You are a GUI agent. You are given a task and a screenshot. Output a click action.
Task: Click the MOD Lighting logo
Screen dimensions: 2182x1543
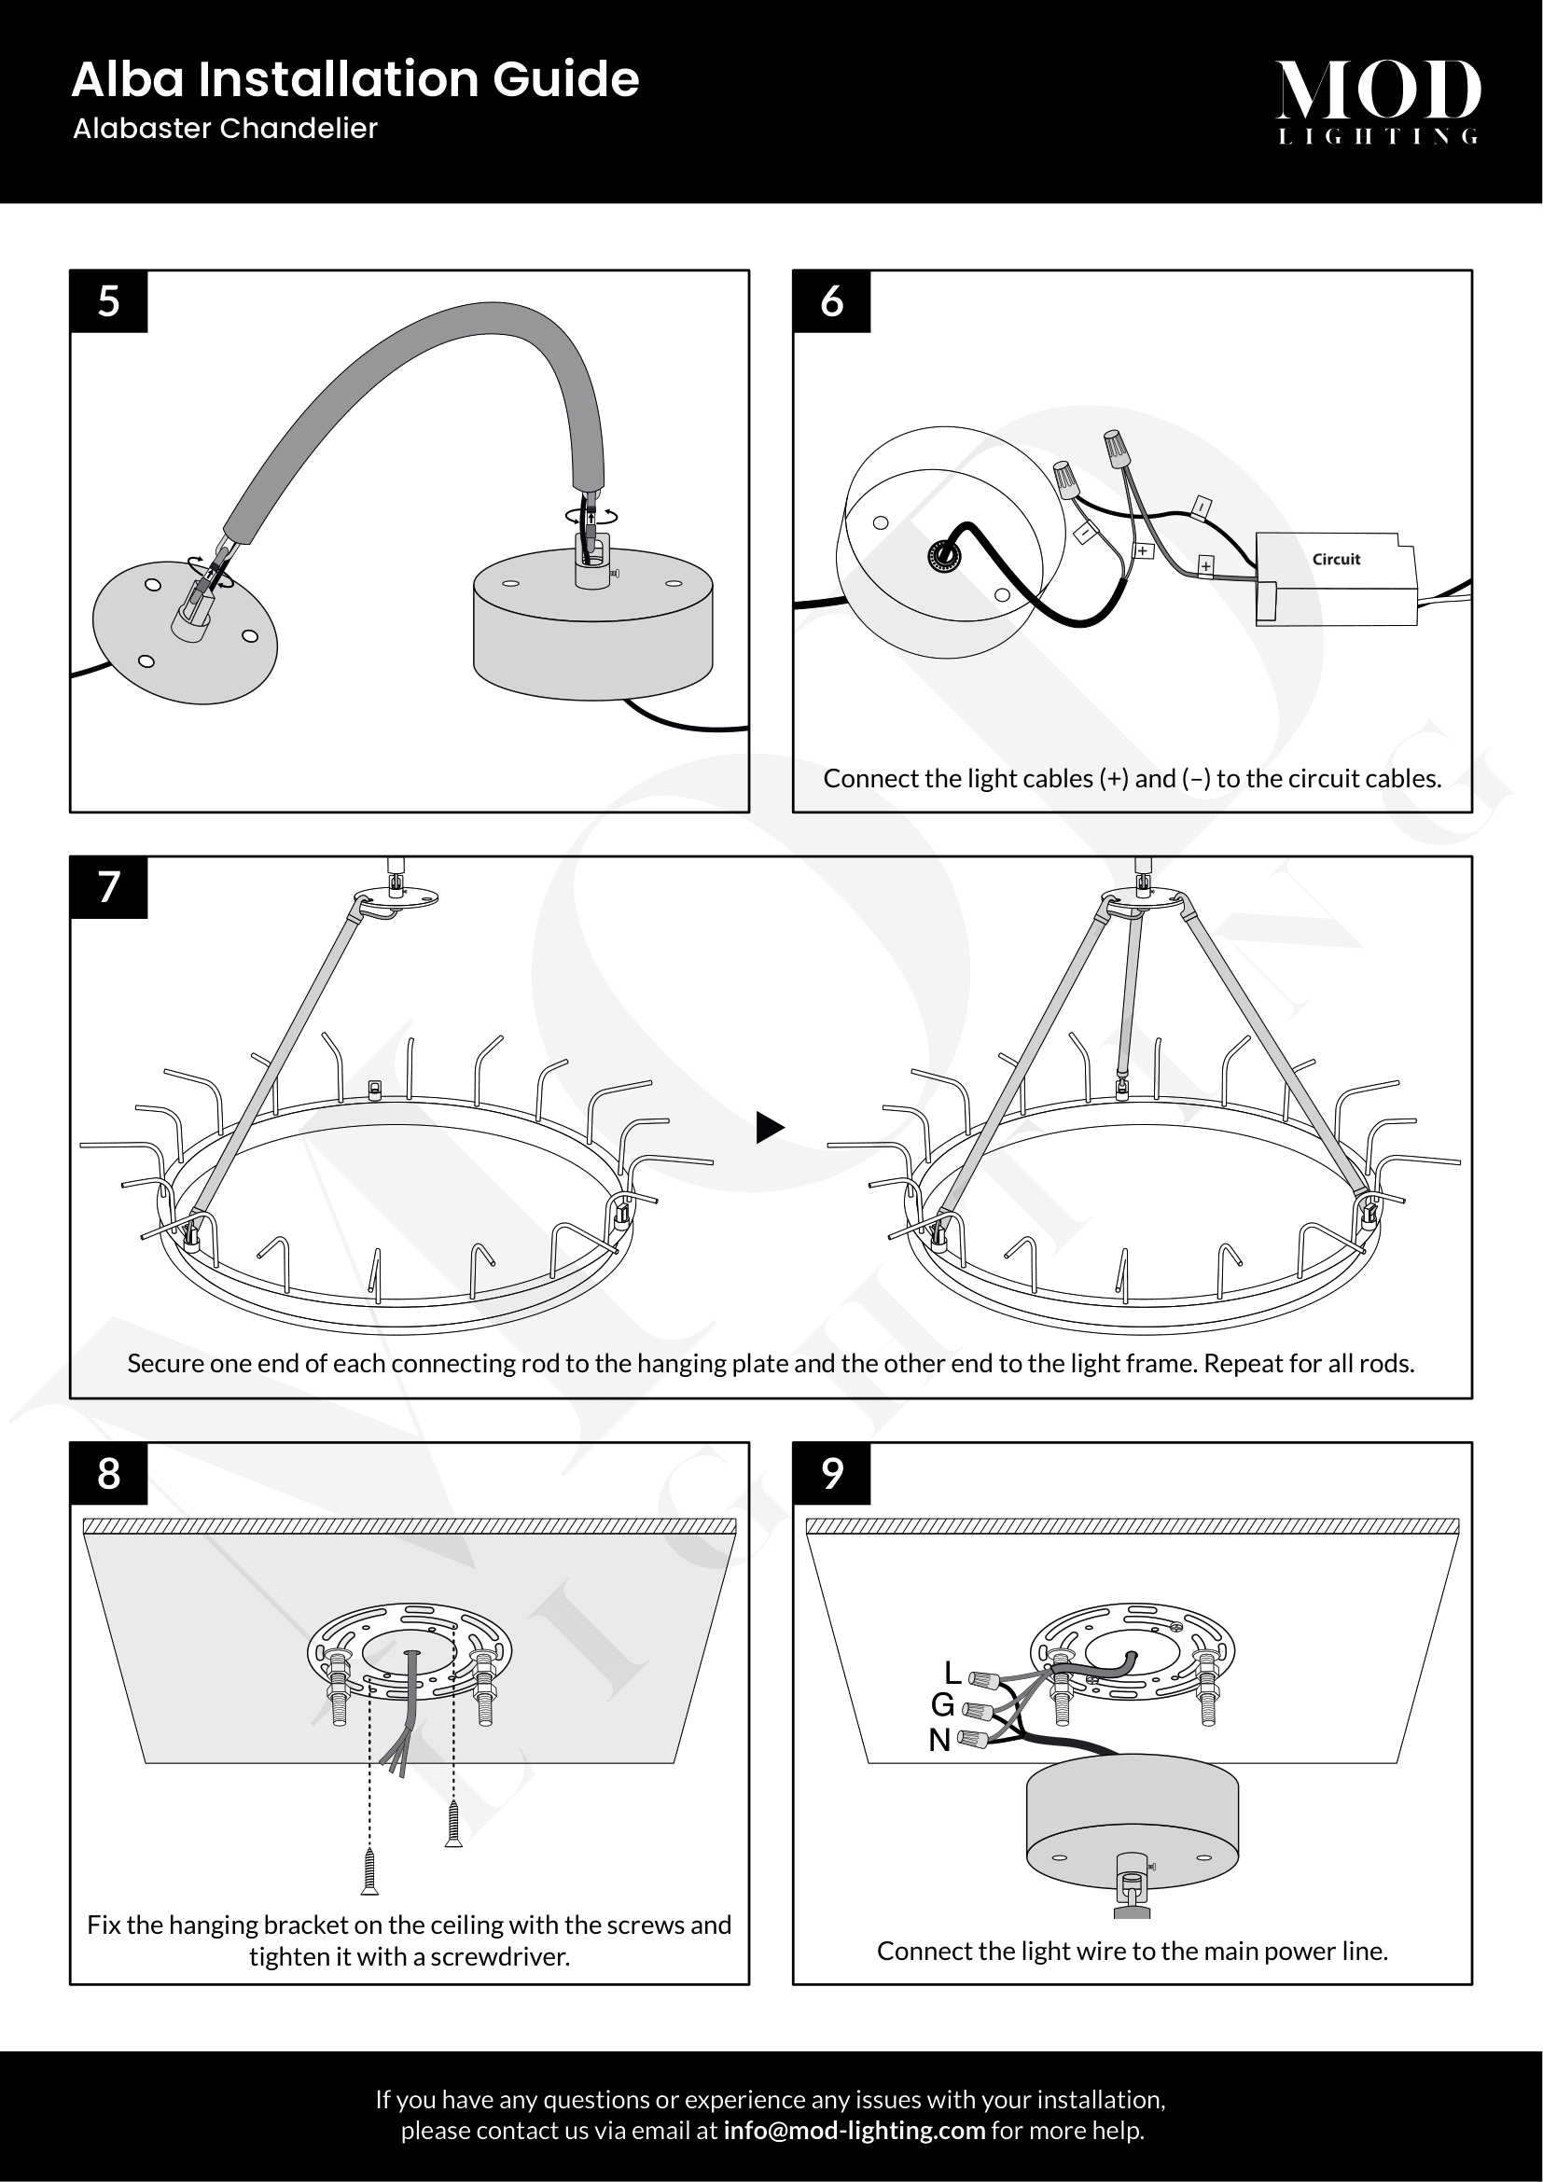1377,101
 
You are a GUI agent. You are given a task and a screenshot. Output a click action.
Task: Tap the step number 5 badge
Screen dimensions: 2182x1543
109,301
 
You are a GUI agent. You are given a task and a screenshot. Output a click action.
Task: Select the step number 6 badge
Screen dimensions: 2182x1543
831,301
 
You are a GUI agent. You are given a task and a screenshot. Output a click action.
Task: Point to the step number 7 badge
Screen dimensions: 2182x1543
109,886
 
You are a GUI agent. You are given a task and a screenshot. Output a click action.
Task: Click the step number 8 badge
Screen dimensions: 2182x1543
109,1473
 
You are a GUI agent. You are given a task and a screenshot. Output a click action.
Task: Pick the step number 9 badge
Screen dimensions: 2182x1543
831,1473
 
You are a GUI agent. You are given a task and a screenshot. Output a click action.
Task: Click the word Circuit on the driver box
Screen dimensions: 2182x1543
1336,559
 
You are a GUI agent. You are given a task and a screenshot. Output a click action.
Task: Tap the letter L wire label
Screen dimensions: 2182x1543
953,1672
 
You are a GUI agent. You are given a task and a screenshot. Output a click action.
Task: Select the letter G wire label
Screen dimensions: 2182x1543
942,1705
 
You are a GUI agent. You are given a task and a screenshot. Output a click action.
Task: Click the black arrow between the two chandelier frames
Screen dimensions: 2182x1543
770,1127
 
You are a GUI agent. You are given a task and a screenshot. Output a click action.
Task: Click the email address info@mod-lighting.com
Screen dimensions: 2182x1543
855,2130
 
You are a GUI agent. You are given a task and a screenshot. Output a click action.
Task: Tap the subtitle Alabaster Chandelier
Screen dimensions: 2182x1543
225,129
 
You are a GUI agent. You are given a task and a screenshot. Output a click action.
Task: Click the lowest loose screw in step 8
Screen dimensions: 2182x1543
369,1871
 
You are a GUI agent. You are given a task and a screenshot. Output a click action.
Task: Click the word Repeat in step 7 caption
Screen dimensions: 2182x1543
1234,1364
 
